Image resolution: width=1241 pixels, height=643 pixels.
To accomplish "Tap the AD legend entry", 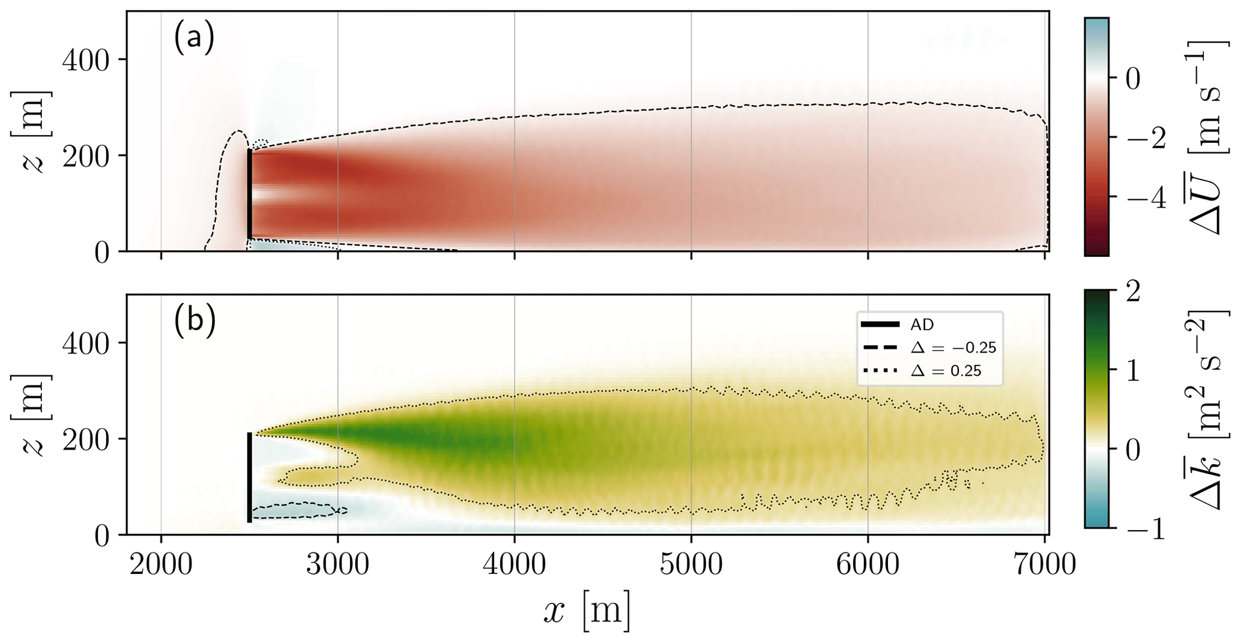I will (922, 325).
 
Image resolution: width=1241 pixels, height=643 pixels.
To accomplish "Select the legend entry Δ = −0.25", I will (953, 348).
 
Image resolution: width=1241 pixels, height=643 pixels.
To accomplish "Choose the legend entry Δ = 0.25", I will (946, 371).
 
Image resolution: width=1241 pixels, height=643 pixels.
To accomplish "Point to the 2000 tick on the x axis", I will (161, 566).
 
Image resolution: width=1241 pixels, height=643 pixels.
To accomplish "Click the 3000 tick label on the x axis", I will (337, 566).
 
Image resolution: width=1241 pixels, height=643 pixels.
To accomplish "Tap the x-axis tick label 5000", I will (691, 566).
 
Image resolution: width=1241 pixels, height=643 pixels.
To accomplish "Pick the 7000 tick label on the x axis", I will (1043, 566).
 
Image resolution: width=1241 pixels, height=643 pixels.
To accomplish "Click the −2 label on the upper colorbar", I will (1141, 138).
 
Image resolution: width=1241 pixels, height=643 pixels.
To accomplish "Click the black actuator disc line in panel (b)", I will (250, 477).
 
